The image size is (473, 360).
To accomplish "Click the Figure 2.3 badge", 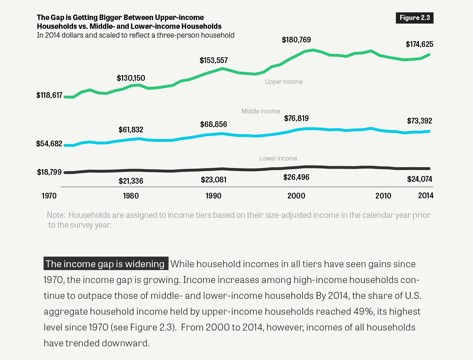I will coord(414,18).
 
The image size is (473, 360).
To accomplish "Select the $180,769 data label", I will coord(296,40).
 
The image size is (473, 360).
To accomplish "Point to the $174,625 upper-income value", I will coord(419,44).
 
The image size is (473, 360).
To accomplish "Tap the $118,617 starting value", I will coord(49,95).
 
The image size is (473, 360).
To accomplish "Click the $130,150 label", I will coord(131,78).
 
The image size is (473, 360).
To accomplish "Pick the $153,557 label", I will coord(214,60).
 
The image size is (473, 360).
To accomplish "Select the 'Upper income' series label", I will coord(284,82).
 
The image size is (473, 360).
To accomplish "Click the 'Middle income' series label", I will coord(261,111).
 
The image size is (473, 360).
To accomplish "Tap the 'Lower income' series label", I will coord(278,158).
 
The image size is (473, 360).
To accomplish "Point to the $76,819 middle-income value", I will coord(296,118).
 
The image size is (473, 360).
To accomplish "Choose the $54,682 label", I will coord(49,144).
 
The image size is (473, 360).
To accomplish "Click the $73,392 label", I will coord(419,121).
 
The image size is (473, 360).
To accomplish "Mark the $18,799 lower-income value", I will coord(49,172).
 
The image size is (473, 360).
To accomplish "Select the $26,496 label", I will coord(296,177).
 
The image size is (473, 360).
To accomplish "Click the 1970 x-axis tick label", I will coord(49,196).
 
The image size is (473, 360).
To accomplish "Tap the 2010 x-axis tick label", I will coord(383,196).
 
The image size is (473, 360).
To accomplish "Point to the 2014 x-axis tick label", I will coord(426,195).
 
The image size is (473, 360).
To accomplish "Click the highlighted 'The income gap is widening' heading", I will coord(105,264).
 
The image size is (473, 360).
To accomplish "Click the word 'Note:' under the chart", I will coord(56,215).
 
